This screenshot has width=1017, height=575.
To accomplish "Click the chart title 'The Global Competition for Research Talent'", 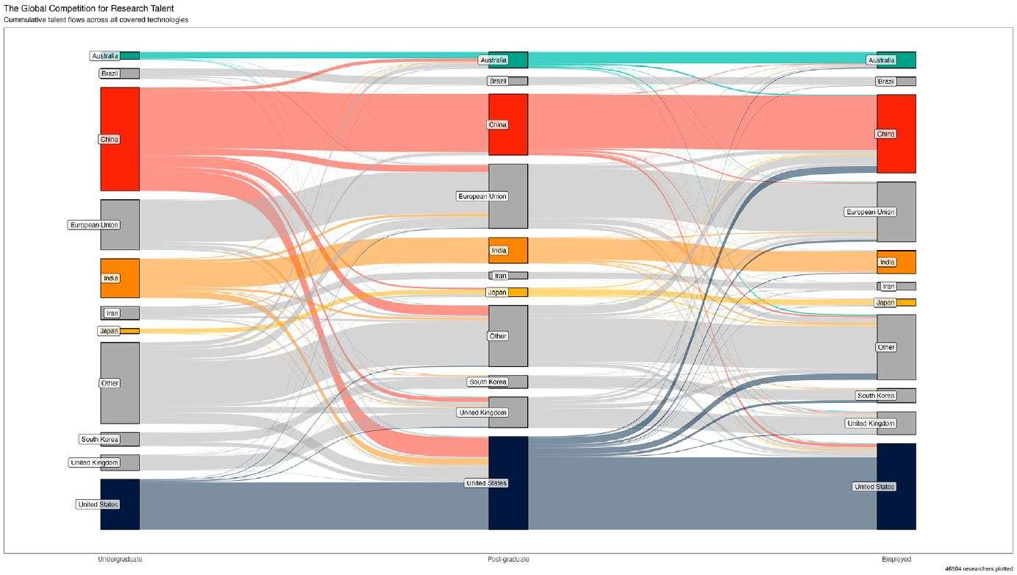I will coord(89,7).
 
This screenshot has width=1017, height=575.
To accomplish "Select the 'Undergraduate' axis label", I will coord(120,560).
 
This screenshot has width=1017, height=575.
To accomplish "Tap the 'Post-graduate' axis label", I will coord(508,560).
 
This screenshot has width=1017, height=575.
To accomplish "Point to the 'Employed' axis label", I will coord(896,560).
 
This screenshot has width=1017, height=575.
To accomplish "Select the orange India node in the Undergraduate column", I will coord(128,278).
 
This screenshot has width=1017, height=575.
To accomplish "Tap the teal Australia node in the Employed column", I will coord(906,60).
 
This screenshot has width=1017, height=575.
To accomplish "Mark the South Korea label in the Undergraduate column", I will coord(99,440).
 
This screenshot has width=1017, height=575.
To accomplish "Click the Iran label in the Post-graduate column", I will coord(500,276).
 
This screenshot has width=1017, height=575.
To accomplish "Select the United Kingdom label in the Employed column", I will coord(871,424).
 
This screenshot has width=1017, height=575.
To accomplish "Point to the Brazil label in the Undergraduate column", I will coord(110,74).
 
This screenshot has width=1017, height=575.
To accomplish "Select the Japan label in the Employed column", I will coord(885,302).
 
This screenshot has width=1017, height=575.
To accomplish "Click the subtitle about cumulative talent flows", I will coord(96,20).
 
